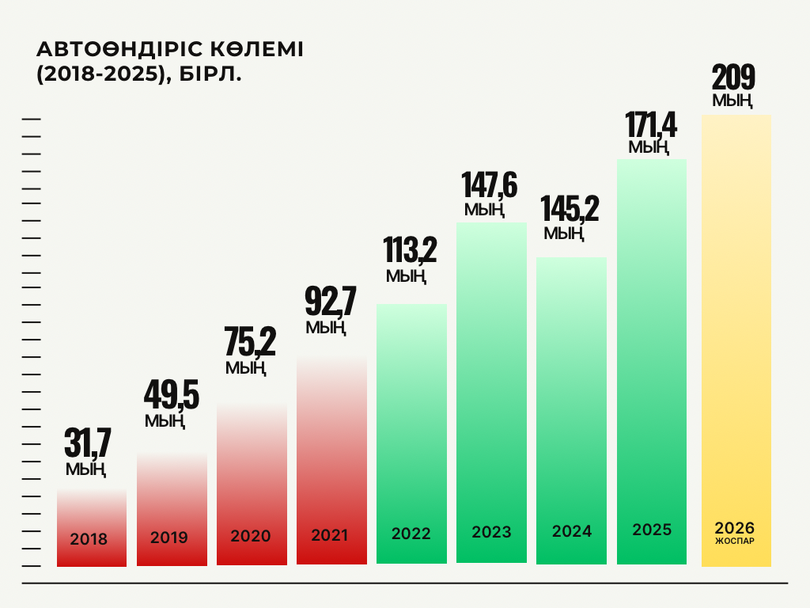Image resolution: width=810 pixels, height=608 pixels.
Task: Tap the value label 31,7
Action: [88, 443]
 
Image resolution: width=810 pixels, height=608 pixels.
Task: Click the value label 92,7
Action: [331, 302]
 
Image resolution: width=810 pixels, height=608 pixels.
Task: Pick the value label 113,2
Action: [410, 250]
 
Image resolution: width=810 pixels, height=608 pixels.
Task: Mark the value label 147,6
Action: [490, 185]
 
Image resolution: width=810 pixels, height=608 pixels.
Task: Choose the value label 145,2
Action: [570, 208]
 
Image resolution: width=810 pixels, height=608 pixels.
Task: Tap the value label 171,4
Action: [651, 124]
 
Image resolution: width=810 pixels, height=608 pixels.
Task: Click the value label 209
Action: [733, 78]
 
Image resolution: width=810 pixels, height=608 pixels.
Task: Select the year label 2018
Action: [89, 540]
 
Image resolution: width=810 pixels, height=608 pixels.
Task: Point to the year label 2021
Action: [330, 535]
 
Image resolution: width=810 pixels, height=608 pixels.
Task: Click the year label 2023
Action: [491, 532]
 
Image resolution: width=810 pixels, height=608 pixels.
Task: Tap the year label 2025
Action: [652, 530]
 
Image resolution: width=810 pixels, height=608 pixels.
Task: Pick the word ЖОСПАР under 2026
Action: [734, 543]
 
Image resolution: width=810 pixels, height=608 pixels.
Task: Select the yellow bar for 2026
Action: [736, 317]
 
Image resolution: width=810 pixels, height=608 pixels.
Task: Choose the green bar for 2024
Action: [571, 396]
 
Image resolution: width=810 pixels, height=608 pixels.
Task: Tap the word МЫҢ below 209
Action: [732, 101]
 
